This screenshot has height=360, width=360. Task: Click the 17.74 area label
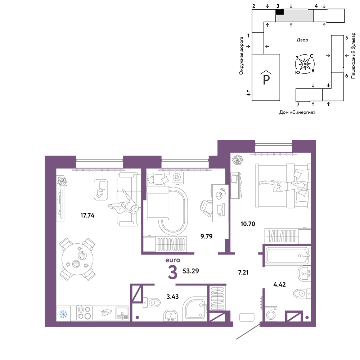pyautogui.click(x=87, y=215)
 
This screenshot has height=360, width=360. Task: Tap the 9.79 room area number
pyautogui.click(x=206, y=236)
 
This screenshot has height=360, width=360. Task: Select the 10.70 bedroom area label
pyautogui.click(x=248, y=224)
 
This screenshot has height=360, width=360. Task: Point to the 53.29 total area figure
pyautogui.click(x=191, y=271)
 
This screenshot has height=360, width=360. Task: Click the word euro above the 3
pyautogui.click(x=173, y=260)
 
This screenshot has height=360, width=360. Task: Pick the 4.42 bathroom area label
pyautogui.click(x=279, y=285)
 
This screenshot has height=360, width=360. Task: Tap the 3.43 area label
pyautogui.click(x=172, y=297)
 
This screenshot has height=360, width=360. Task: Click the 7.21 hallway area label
pyautogui.click(x=243, y=273)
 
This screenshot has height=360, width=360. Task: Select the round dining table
pyautogui.click(x=78, y=259)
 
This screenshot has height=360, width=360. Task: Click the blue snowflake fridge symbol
pyautogui.click(x=63, y=314)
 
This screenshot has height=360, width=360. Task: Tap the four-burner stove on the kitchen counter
pyautogui.click(x=85, y=313)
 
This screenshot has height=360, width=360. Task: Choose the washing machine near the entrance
pyautogui.click(x=271, y=314)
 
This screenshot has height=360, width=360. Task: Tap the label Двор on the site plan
pyautogui.click(x=302, y=40)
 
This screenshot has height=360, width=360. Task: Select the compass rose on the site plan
pyautogui.click(x=305, y=64)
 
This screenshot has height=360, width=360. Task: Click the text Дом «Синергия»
pyautogui.click(x=297, y=112)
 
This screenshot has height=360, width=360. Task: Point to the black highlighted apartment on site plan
pyautogui.click(x=279, y=12)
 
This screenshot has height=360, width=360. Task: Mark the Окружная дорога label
pyautogui.click(x=241, y=56)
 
